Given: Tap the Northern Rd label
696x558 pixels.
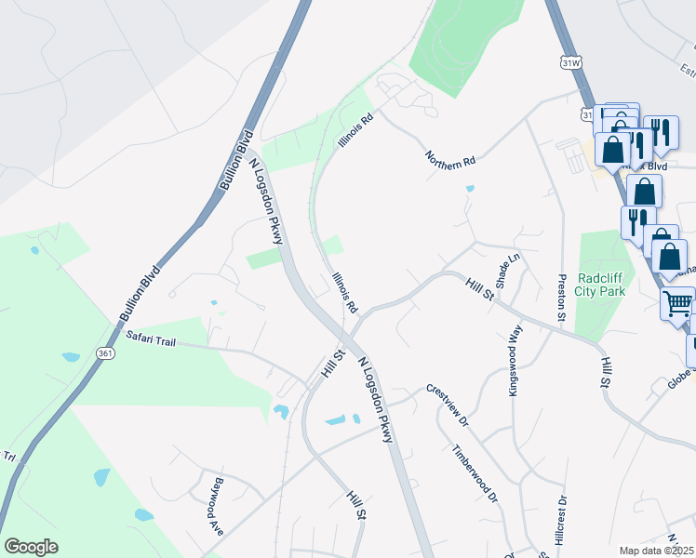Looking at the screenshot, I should point(450,158).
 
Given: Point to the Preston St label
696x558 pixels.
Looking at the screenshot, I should point(561,297).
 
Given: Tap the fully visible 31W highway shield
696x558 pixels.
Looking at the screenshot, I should point(570,61).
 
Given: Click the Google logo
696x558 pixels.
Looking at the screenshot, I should point(31,547).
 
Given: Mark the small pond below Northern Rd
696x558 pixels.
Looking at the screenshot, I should point(470,188).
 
